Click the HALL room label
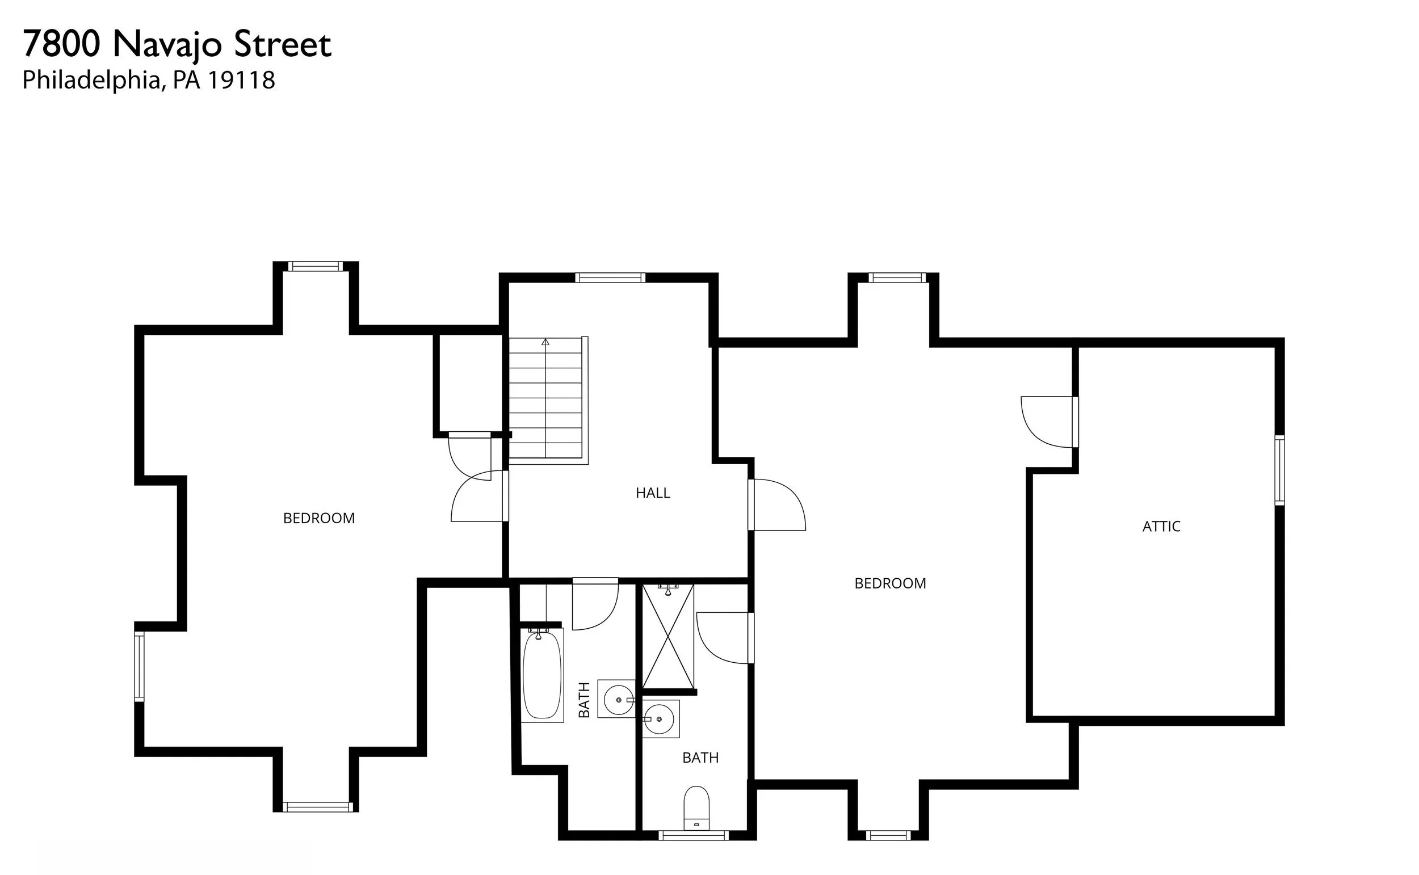(652, 493)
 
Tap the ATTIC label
(1161, 527)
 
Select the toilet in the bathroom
(696, 809)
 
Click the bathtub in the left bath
(542, 674)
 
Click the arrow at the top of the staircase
(545, 342)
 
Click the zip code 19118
(241, 81)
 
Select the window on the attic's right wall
(1279, 470)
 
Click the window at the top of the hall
(610, 278)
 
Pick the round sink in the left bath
(618, 700)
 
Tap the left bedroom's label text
(319, 519)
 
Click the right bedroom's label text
(890, 583)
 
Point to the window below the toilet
(693, 835)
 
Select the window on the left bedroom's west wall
(139, 667)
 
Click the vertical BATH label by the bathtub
(584, 700)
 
